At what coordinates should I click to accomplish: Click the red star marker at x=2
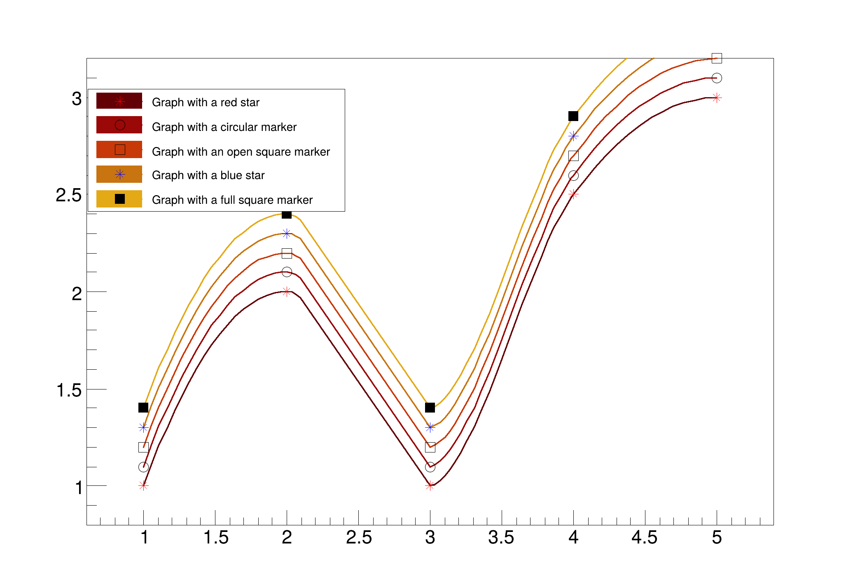click(287, 291)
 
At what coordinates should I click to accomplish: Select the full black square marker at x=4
click(573, 116)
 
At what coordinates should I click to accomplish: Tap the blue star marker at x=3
click(430, 427)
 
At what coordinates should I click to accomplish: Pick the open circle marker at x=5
click(717, 78)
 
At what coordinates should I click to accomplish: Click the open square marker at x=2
click(287, 253)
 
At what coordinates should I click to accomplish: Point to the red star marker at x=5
click(717, 98)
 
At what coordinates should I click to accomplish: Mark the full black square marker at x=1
click(143, 408)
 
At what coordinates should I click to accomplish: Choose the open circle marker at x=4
click(573, 175)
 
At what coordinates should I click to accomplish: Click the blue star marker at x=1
click(143, 427)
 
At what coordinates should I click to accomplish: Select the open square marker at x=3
click(430, 447)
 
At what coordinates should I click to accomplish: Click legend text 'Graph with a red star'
click(206, 103)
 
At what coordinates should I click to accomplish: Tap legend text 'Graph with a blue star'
click(208, 175)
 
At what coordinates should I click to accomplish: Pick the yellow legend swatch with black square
click(119, 199)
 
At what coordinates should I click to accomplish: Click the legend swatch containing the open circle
click(119, 125)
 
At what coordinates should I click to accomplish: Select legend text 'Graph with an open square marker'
click(241, 152)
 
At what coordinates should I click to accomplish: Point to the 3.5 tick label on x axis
click(501, 538)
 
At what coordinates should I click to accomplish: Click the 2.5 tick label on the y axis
click(69, 195)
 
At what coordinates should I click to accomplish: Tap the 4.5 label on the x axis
click(645, 538)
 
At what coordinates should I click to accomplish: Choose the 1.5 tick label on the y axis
click(69, 390)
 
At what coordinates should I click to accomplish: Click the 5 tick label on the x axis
click(717, 538)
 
